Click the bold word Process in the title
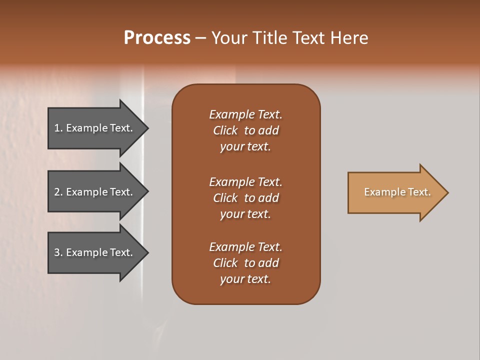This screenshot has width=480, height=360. [157, 38]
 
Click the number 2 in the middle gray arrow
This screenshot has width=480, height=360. [57, 192]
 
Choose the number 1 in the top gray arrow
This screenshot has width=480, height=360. [57, 128]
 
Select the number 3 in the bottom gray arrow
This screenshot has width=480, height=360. [57, 252]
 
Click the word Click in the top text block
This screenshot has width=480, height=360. [225, 130]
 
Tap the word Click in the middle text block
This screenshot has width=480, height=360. [225, 198]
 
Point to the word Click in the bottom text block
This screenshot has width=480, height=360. [225, 263]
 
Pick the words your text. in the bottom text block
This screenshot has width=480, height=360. [245, 279]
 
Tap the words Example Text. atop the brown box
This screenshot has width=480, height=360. [245, 114]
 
